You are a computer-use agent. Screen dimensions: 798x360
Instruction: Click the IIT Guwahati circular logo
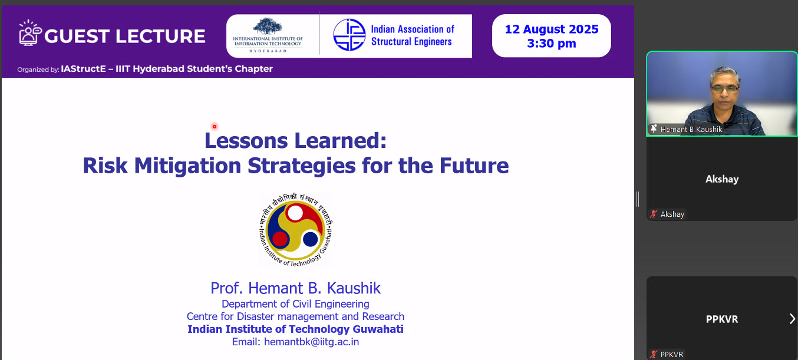pyautogui.click(x=296, y=230)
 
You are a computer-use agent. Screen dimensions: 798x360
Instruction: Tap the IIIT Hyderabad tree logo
pyautogui.click(x=268, y=27)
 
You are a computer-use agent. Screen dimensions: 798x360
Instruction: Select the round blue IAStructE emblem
pyautogui.click(x=349, y=35)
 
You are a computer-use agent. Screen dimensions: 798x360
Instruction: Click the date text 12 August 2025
pyautogui.click(x=552, y=29)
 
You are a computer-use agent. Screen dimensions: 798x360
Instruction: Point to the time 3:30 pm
pyautogui.click(x=552, y=44)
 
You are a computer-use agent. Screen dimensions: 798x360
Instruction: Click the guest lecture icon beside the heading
pyautogui.click(x=30, y=33)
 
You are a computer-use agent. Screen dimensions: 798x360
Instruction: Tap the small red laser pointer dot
pyautogui.click(x=215, y=127)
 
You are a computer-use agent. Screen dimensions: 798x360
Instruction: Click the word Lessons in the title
pyautogui.click(x=246, y=141)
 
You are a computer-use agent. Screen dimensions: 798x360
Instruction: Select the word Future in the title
pyautogui.click(x=474, y=166)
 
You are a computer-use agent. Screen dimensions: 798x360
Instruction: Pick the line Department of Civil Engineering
pyautogui.click(x=295, y=304)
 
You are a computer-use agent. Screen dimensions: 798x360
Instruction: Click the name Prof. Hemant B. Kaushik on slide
pyautogui.click(x=296, y=288)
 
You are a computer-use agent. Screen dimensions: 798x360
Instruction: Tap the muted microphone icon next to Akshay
pyautogui.click(x=654, y=214)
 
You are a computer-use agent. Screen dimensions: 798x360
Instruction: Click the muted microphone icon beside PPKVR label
pyautogui.click(x=654, y=354)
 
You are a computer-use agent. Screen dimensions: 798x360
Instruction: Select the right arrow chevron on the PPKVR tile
pyautogui.click(x=792, y=319)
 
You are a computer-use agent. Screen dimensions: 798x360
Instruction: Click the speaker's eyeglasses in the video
pyautogui.click(x=724, y=88)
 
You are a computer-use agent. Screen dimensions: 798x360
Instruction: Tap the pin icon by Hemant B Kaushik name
pyautogui.click(x=654, y=128)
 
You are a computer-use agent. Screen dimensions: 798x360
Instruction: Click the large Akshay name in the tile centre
pyautogui.click(x=722, y=179)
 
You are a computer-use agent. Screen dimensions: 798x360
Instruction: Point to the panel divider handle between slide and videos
pyautogui.click(x=638, y=199)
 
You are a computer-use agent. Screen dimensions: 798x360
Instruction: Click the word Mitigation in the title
pyautogui.click(x=187, y=166)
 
